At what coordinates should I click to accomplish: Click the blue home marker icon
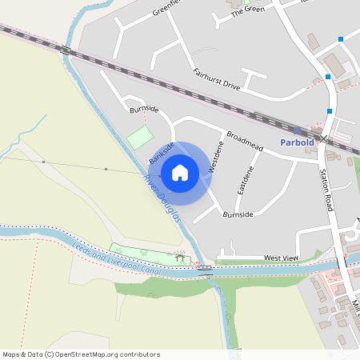pos(180,172)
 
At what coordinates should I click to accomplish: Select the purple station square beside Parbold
pos(298,130)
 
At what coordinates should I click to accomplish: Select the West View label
pos(281,258)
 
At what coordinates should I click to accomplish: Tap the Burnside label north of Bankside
pos(144,108)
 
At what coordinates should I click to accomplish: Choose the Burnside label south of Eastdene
pos(238,214)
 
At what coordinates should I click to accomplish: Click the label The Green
pos(247,10)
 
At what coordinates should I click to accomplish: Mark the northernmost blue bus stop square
pos(342,38)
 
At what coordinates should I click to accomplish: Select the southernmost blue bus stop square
pos(329,111)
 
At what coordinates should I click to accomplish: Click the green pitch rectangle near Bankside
pos(140,136)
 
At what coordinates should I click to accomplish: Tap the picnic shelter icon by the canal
pos(181,257)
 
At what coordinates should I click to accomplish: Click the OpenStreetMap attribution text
pos(81,354)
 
